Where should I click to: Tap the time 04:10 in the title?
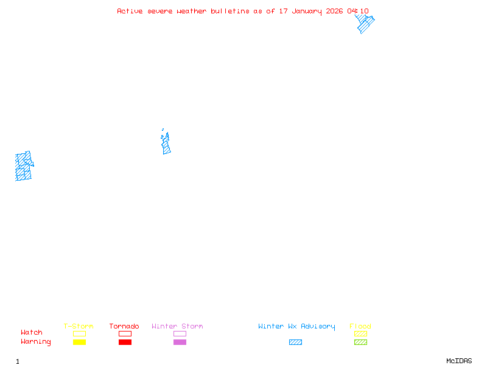click(358, 11)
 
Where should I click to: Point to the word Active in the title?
click(130, 11)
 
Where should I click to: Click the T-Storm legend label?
click(79, 326)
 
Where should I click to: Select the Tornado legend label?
click(124, 326)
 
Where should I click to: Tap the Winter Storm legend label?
click(177, 326)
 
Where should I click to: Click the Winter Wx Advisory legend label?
click(296, 326)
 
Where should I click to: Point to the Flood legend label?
click(360, 326)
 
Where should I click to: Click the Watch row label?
click(32, 333)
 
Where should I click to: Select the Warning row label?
click(36, 342)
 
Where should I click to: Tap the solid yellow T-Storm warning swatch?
click(79, 342)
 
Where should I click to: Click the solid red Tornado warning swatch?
click(125, 342)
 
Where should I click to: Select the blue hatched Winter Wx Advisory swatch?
click(295, 342)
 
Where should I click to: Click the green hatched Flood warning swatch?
click(360, 342)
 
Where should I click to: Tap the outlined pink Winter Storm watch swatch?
click(180, 334)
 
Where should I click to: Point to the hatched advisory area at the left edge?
click(23, 167)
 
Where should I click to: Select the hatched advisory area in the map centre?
click(166, 145)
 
